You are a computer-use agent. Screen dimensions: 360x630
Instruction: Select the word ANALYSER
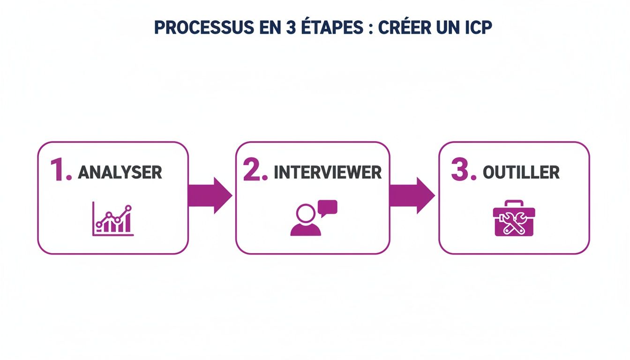pos(120,172)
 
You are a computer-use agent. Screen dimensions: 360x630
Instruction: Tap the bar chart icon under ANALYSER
pos(113,220)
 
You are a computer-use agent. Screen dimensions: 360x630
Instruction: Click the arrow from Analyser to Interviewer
pos(210,195)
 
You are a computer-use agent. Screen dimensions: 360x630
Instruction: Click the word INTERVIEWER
pos(328,172)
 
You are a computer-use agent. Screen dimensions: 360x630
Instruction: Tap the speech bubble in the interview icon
pos(327,207)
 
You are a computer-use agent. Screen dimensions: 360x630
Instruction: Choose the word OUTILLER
pos(521,172)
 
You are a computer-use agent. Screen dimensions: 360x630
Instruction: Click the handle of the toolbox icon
pos(514,203)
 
